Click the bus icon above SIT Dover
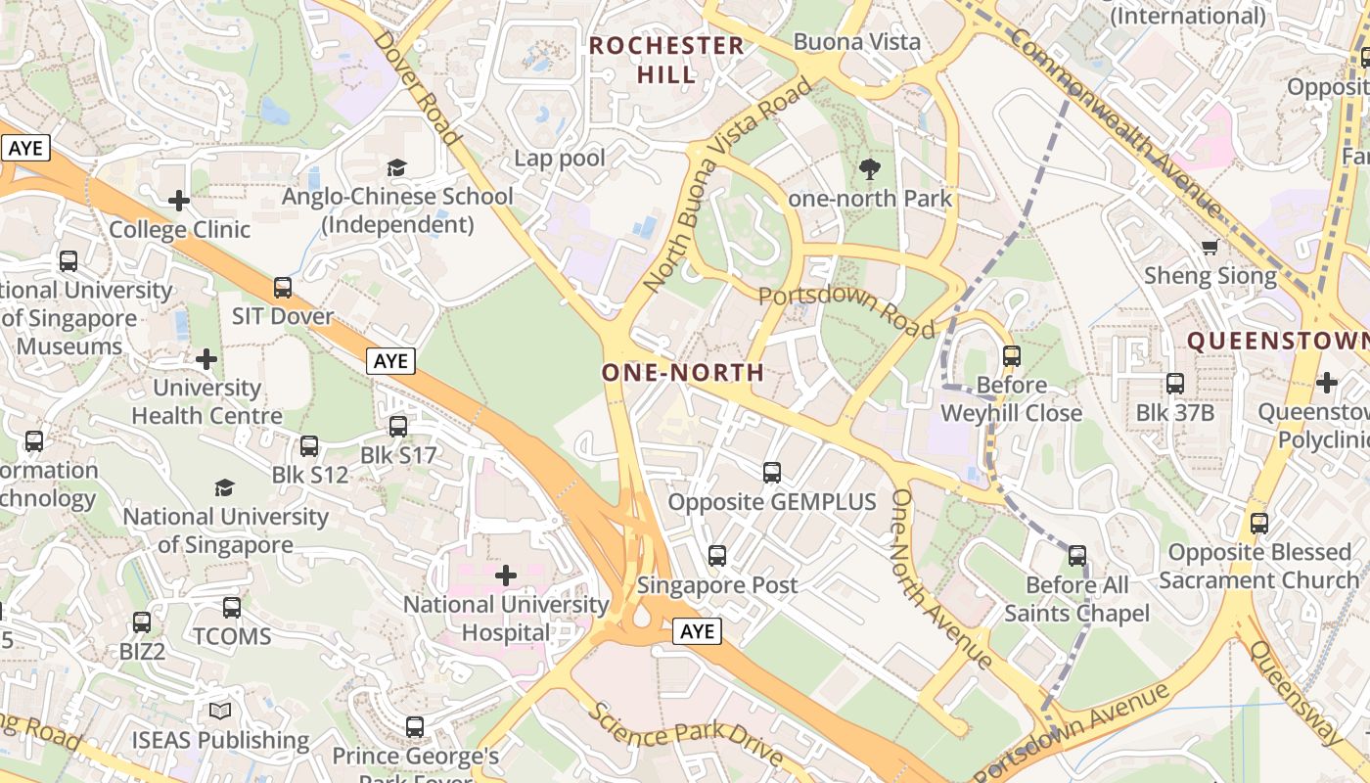coord(283,287)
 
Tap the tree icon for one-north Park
coord(869,169)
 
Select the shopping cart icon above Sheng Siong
coord(1210,247)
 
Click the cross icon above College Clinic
coord(179,201)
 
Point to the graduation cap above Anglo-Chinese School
coord(396,167)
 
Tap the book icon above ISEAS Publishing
coord(220,711)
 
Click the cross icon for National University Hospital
coord(506,575)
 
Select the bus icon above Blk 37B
coord(1175,383)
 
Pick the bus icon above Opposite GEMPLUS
coord(772,473)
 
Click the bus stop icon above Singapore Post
coord(717,556)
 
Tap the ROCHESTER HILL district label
coord(667,59)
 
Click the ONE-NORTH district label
coord(682,372)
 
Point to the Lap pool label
coord(560,158)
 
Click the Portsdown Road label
coord(847,311)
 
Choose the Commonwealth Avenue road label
coord(1117,122)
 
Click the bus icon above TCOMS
coord(232,607)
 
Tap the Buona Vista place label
coord(857,41)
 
